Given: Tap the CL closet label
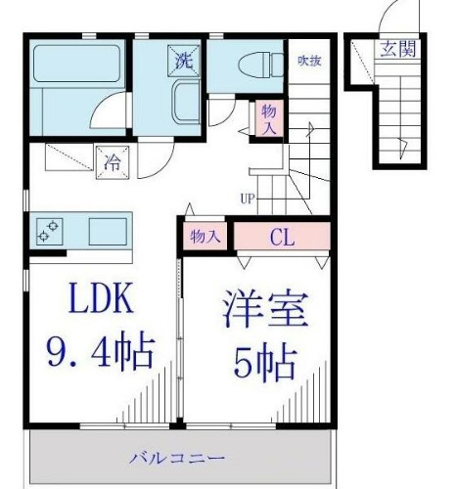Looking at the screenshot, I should [283, 237].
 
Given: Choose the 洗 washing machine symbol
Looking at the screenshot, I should [183, 60].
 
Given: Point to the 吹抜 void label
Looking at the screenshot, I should [311, 61].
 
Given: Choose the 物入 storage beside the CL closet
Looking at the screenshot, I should [205, 237].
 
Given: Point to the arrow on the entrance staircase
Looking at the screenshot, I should [402, 144].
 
